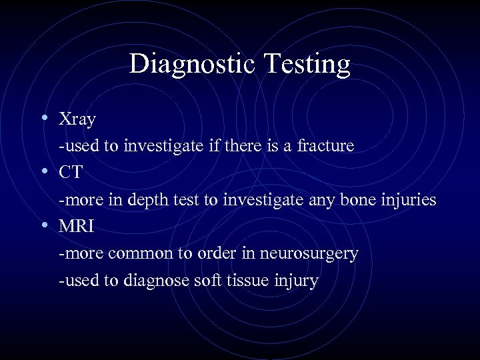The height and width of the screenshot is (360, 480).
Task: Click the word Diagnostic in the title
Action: point(187,65)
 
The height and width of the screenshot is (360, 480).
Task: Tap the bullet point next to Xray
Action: point(43,117)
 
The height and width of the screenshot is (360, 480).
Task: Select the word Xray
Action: point(77,120)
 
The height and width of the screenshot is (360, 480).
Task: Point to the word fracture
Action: point(321,145)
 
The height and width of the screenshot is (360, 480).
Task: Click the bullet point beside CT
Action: point(43,171)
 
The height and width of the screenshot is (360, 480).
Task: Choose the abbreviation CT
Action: point(71,173)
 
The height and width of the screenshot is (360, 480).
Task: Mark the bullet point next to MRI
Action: point(43,225)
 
